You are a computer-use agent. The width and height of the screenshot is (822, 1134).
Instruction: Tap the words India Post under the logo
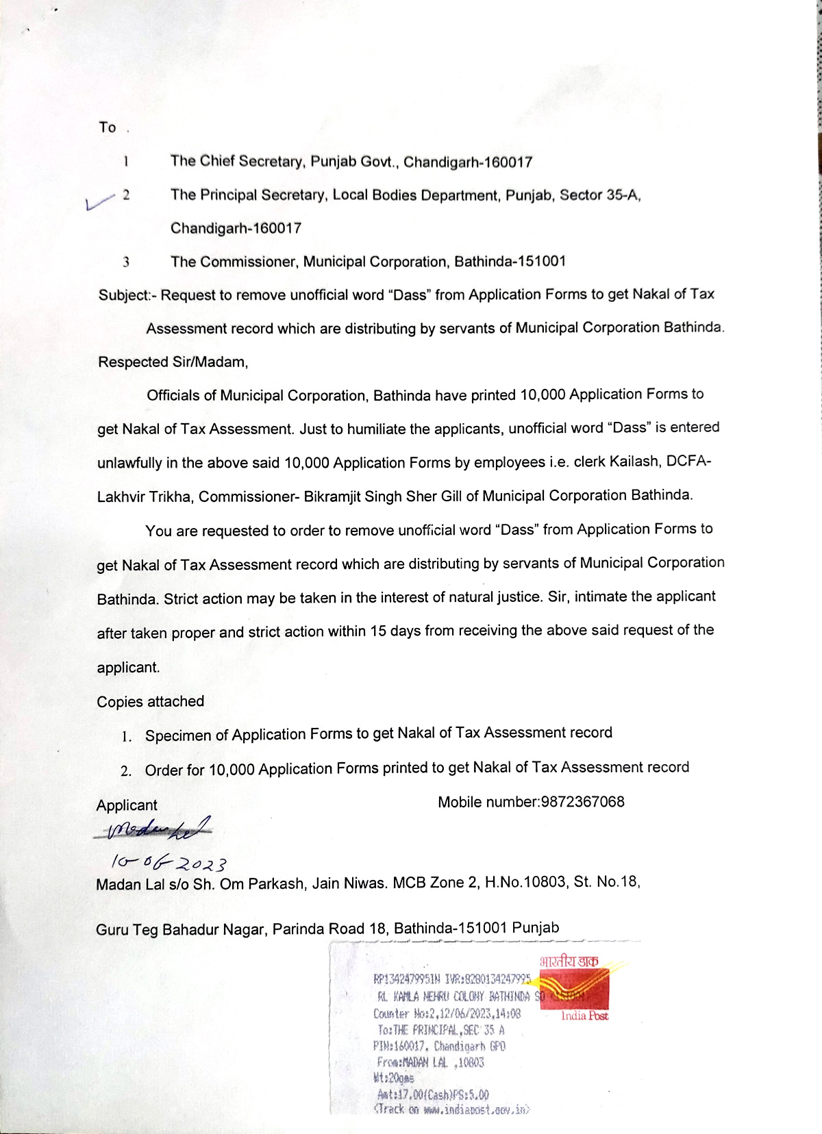(584, 1016)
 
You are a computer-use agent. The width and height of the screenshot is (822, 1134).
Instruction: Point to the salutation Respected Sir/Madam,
(173, 362)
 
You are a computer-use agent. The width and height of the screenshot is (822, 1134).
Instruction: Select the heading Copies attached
(150, 701)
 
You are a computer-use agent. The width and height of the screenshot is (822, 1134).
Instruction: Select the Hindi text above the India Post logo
(569, 961)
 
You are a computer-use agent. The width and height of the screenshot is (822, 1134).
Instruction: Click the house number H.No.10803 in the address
(525, 882)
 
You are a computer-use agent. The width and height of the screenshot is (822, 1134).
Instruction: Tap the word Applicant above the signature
(127, 805)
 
